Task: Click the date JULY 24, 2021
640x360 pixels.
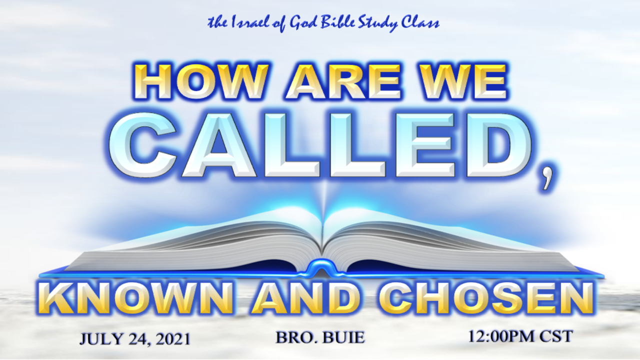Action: click(x=135, y=339)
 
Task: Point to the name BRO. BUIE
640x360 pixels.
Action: click(x=320, y=337)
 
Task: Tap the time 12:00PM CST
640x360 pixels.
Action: click(x=520, y=336)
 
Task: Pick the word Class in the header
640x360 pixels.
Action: click(x=422, y=23)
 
